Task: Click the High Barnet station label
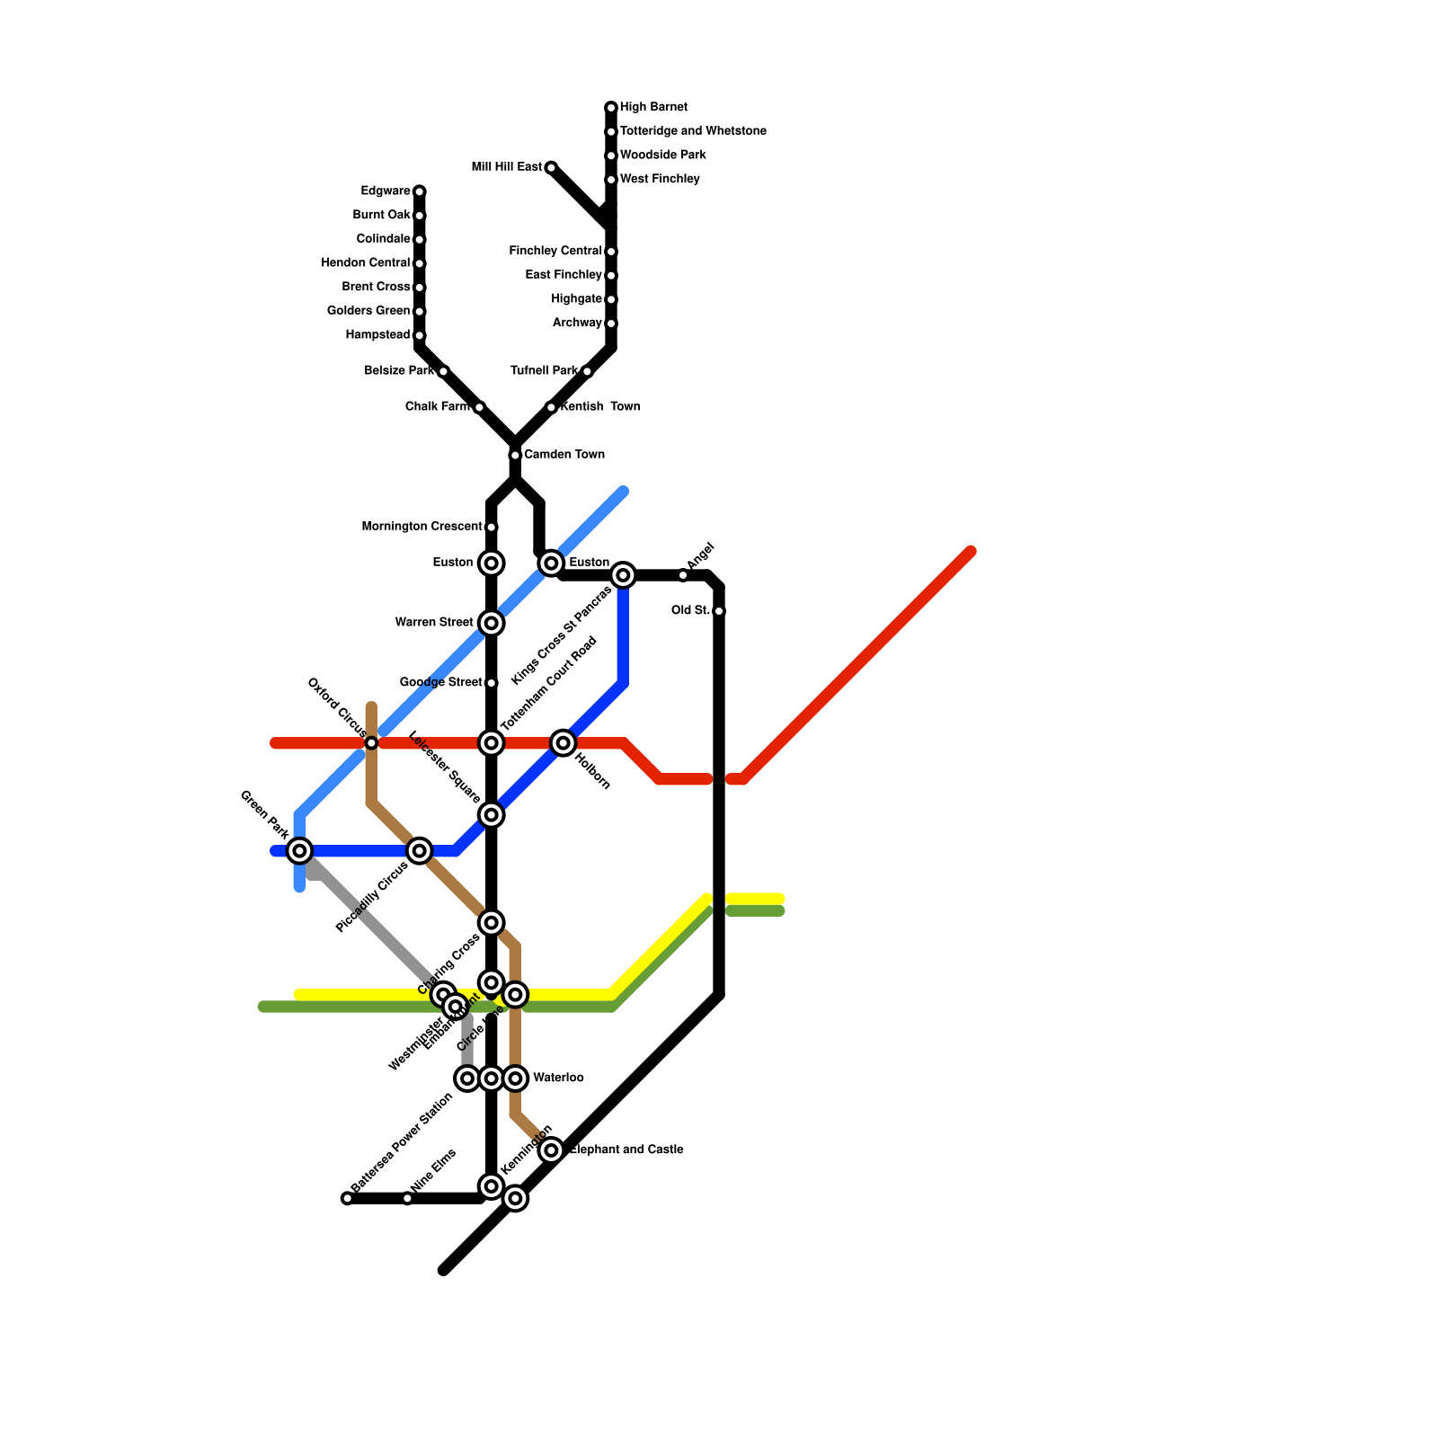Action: click(x=653, y=107)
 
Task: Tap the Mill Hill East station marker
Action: click(x=551, y=167)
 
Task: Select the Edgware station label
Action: click(x=386, y=191)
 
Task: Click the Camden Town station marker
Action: click(x=515, y=455)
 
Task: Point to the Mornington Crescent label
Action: click(x=422, y=527)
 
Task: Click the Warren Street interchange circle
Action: click(x=491, y=623)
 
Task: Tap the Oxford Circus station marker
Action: click(x=371, y=743)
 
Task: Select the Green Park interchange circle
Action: click(x=300, y=850)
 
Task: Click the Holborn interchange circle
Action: click(x=564, y=742)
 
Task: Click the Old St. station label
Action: click(x=690, y=611)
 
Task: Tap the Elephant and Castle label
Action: click(x=626, y=1150)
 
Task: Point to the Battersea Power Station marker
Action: click(x=347, y=1198)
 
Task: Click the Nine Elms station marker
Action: click(x=407, y=1198)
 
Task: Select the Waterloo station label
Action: click(x=558, y=1078)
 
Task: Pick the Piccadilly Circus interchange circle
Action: click(x=420, y=850)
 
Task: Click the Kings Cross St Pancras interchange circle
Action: click(x=623, y=575)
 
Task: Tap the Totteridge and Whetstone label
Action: click(x=693, y=131)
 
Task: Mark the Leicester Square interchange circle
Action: click(x=491, y=814)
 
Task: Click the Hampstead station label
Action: click(x=377, y=334)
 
